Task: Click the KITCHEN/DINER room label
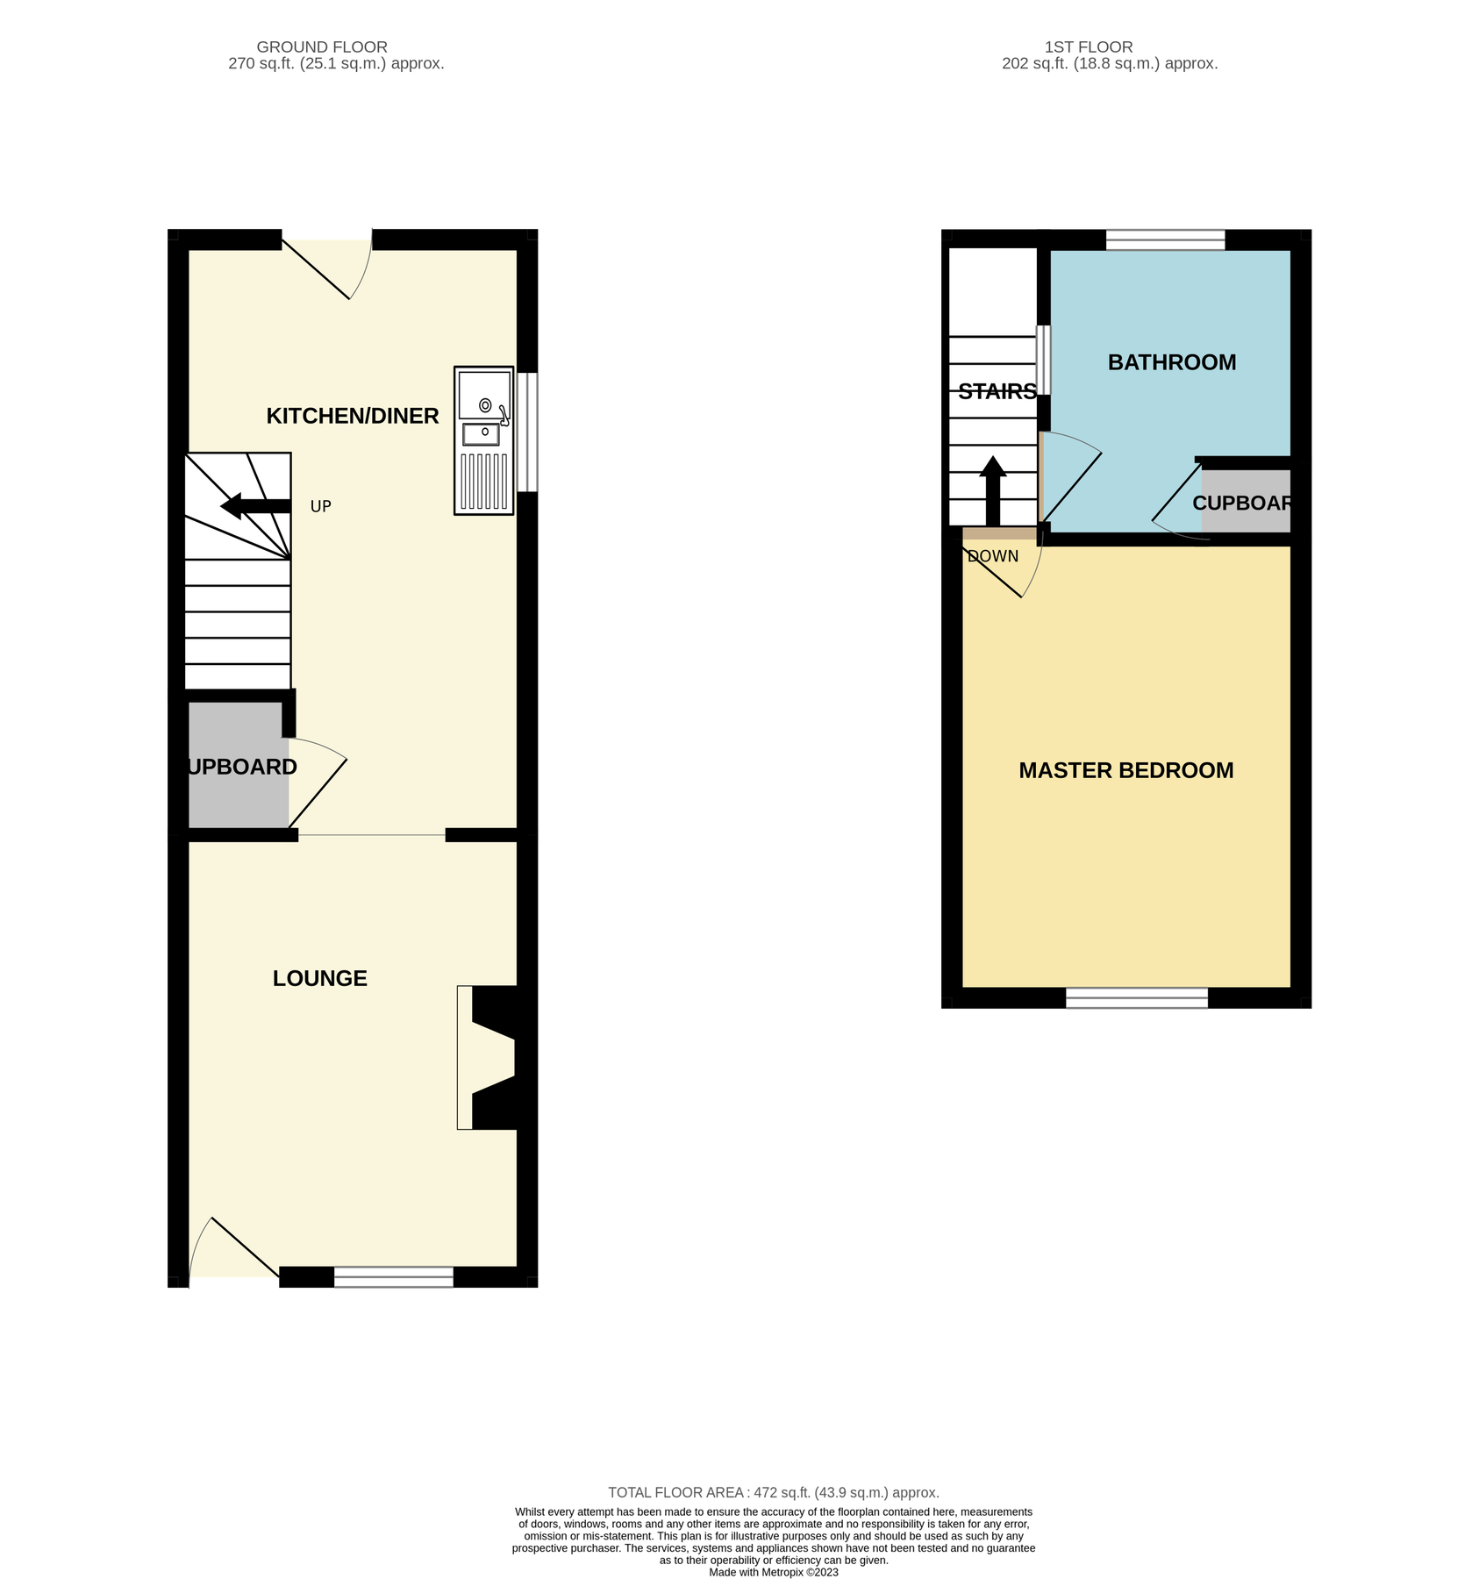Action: click(x=352, y=416)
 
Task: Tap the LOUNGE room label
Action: click(x=319, y=978)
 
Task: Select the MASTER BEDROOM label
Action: click(x=1125, y=770)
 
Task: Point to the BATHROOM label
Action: click(x=1171, y=362)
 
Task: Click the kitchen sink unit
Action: click(x=483, y=439)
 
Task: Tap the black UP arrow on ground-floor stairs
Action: click(x=254, y=506)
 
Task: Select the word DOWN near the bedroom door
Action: click(x=993, y=556)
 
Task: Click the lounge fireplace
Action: click(x=487, y=1057)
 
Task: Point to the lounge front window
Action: click(x=393, y=1277)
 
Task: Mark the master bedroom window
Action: click(x=1136, y=997)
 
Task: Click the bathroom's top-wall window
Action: click(x=1164, y=239)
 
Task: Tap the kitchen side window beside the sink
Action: click(x=526, y=432)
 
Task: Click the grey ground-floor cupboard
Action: click(x=238, y=765)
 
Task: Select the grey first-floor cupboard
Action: click(x=1245, y=502)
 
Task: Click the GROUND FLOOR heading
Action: click(x=322, y=47)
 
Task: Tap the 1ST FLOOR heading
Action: click(x=1088, y=47)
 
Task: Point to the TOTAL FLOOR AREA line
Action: click(x=773, y=1492)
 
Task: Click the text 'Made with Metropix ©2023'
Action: click(x=773, y=1572)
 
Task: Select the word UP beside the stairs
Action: click(x=320, y=507)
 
